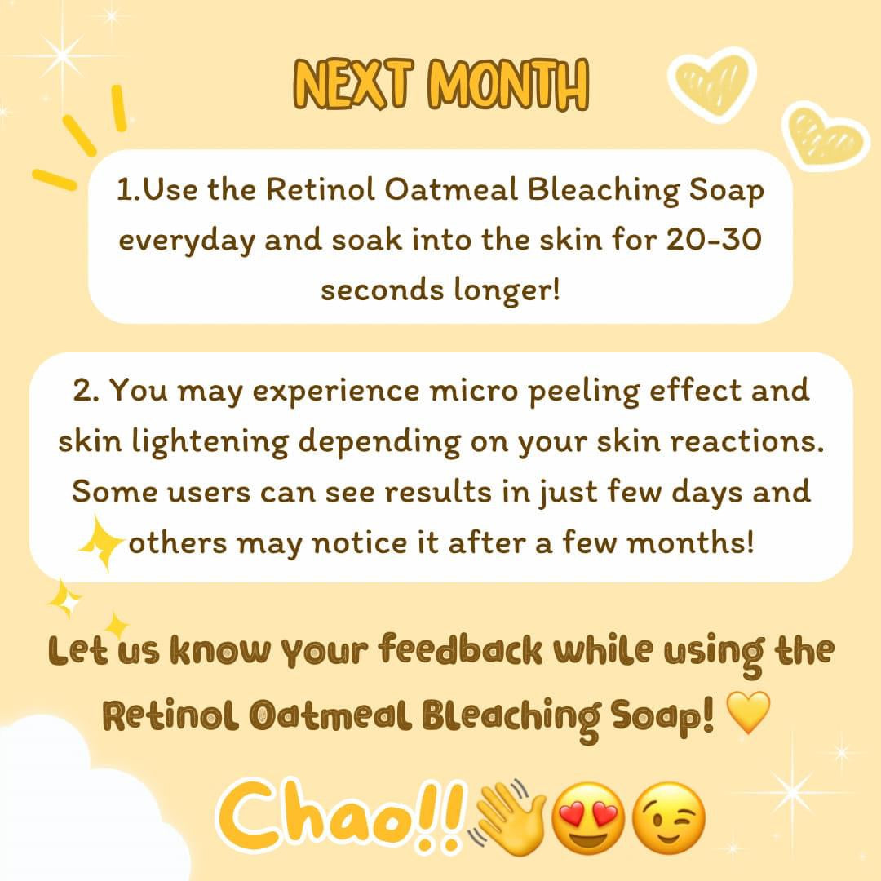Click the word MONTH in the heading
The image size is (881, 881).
click(508, 84)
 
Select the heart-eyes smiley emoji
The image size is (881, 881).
click(587, 818)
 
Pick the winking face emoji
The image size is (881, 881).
click(668, 818)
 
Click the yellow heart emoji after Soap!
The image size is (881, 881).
click(748, 712)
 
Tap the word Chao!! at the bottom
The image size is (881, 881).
click(341, 816)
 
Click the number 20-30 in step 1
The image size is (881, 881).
click(714, 239)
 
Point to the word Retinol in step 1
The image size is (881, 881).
click(320, 188)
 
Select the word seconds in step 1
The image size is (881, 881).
click(382, 290)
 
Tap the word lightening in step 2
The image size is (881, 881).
click(210, 442)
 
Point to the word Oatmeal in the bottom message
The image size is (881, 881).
click(330, 716)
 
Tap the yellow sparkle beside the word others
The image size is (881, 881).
click(100, 542)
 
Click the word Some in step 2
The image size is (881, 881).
click(115, 492)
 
